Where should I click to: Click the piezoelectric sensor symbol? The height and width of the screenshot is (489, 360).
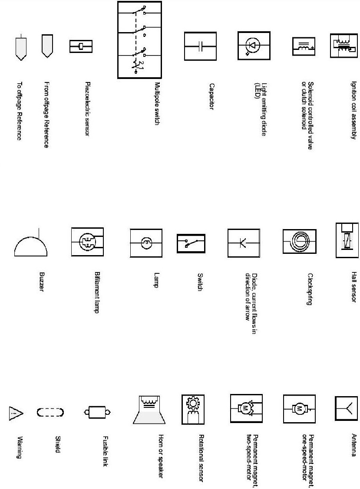point(82,46)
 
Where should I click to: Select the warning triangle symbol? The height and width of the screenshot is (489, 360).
point(15,413)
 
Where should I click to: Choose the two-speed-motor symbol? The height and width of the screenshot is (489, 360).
point(246,409)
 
